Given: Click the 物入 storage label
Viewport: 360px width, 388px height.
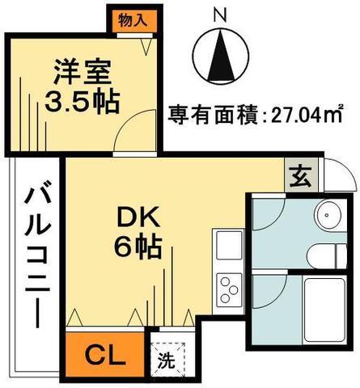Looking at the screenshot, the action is pyautogui.click(x=133, y=21).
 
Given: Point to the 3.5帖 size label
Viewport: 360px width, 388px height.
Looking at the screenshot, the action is pyautogui.click(x=82, y=102).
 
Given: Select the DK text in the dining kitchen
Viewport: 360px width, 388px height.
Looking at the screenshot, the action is pyautogui.click(x=138, y=217).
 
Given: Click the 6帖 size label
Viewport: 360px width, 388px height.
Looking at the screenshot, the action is pyautogui.click(x=138, y=247).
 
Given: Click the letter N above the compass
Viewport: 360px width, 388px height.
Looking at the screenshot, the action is pyautogui.click(x=220, y=15).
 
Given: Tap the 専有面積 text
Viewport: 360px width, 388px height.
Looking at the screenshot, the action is pyautogui.click(x=213, y=115).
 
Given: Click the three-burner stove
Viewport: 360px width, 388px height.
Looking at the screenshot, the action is pyautogui.click(x=229, y=290).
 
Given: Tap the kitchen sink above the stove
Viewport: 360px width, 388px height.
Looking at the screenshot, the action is pyautogui.click(x=229, y=245).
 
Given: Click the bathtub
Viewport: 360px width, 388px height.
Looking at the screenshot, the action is pyautogui.click(x=324, y=310).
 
